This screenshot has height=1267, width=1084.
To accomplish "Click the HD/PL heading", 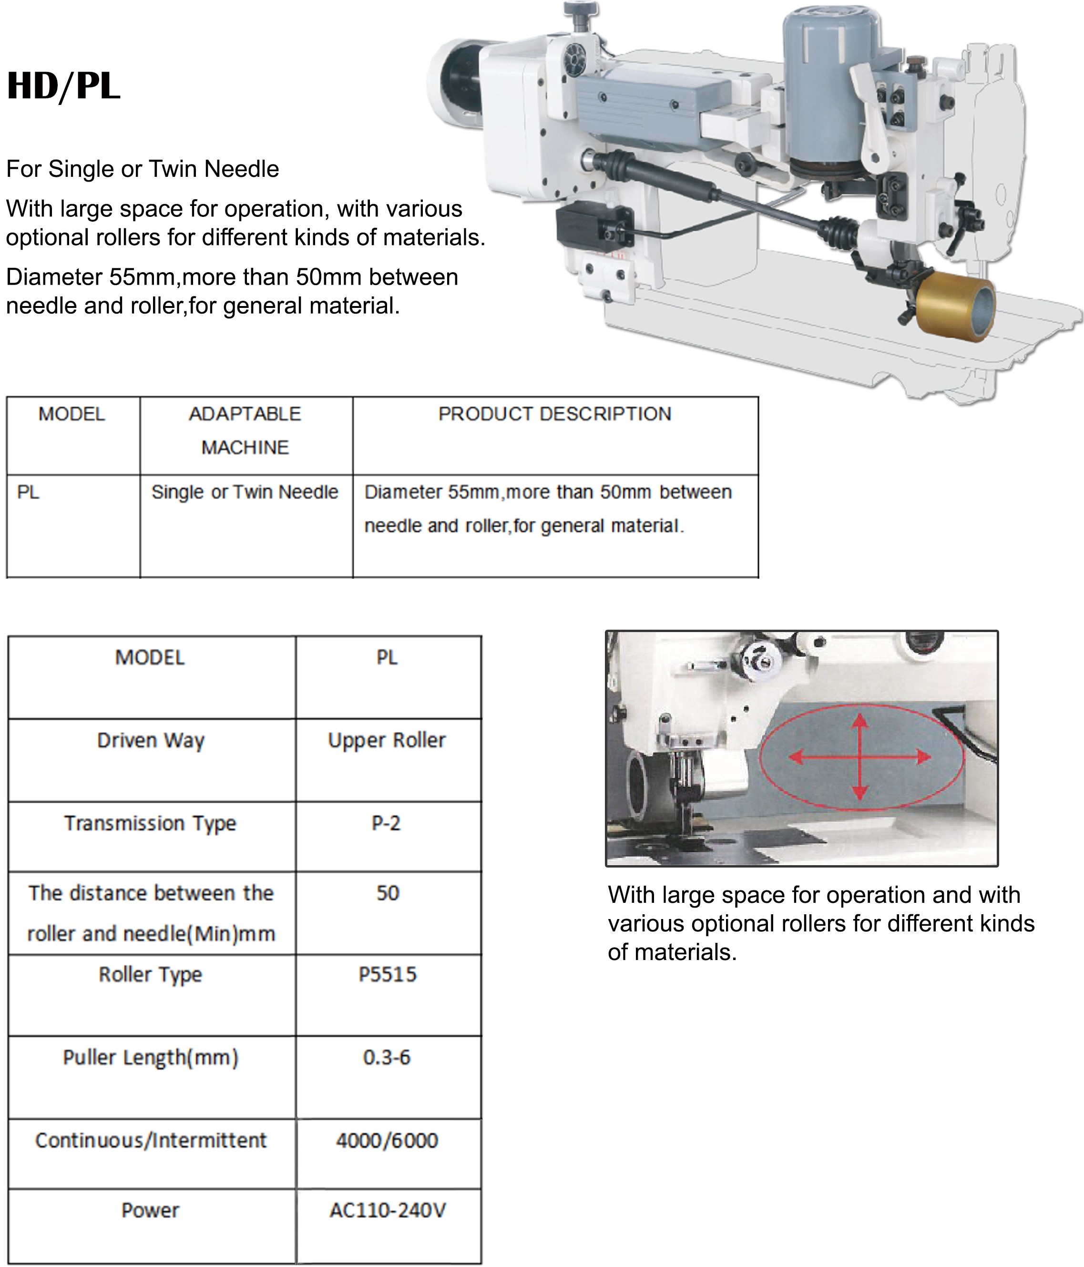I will click(63, 86).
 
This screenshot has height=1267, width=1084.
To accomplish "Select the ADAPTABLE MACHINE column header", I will click(245, 430).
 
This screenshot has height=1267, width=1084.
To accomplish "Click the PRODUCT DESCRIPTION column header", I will click(554, 414).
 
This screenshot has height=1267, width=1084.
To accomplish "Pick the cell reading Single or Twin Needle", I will click(245, 492).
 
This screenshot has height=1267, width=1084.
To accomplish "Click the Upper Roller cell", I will click(387, 740).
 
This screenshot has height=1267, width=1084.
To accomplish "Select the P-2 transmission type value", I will click(387, 823).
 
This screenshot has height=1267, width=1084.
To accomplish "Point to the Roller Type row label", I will click(151, 974).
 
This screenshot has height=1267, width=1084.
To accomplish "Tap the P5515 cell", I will click(388, 974).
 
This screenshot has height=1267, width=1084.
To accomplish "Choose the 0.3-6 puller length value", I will click(387, 1057).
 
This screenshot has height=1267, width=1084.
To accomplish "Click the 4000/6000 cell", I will click(387, 1140).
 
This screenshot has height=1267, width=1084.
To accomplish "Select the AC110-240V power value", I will click(388, 1210).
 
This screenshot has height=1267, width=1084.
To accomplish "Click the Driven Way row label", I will click(151, 740).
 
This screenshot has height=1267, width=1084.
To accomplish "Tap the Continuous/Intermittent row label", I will click(151, 1140).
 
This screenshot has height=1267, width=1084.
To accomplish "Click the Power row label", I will click(151, 1210).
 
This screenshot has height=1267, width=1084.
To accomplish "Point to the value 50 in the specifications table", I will click(388, 893).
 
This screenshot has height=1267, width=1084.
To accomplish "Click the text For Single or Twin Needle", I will click(143, 169).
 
